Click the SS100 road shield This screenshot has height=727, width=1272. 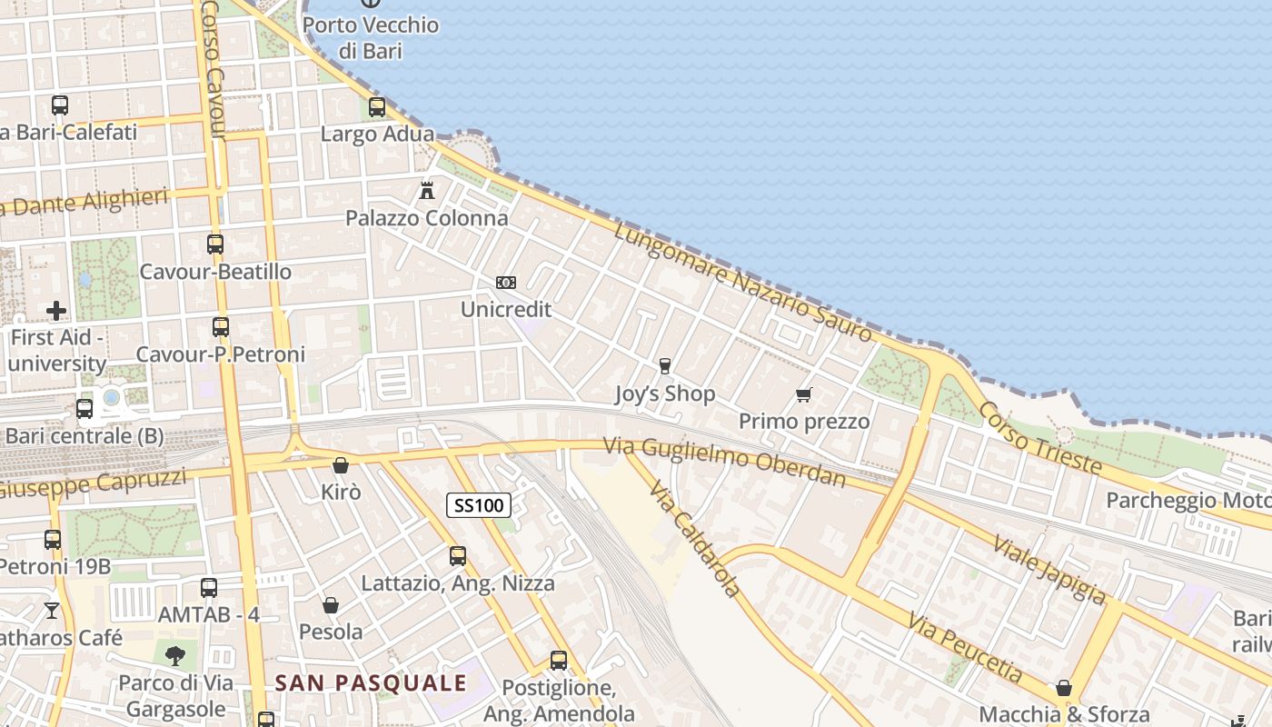pyautogui.click(x=479, y=505)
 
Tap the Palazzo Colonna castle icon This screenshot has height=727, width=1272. pyautogui.click(x=427, y=191)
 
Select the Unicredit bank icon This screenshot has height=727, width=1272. pyautogui.click(x=506, y=283)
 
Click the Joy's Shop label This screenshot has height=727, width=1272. pyautogui.click(x=665, y=393)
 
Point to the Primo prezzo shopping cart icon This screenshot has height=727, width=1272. pyautogui.click(x=803, y=394)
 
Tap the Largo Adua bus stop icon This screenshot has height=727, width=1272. pyautogui.click(x=377, y=107)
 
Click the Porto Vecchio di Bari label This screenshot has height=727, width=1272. pyautogui.click(x=371, y=37)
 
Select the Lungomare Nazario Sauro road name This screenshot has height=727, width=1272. pyautogui.click(x=742, y=282)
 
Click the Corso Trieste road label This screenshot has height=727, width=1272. pyautogui.click(x=1039, y=437)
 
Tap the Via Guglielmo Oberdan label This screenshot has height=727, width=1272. pyautogui.click(x=725, y=462)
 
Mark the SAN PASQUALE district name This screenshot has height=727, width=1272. pyautogui.click(x=371, y=683)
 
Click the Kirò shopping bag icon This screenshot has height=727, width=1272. pyautogui.click(x=341, y=465)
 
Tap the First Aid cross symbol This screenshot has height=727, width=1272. pyautogui.click(x=56, y=311)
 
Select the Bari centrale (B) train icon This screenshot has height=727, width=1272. pyautogui.click(x=84, y=409)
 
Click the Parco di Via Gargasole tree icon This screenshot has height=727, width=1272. pyautogui.click(x=174, y=654)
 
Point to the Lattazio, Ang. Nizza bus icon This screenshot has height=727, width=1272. pyautogui.click(x=458, y=556)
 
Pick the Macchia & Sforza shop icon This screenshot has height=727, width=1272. pyautogui.click(x=1064, y=688)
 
